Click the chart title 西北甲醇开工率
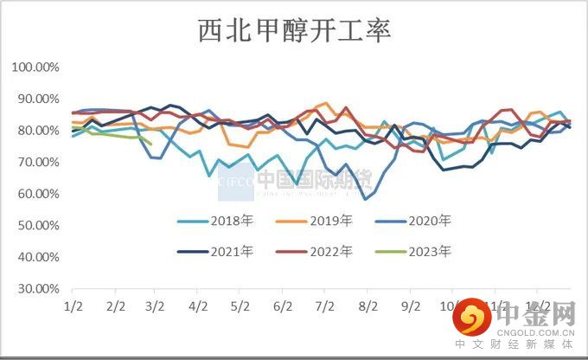point(295,32)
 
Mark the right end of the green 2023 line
point(151,144)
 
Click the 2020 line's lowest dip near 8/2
point(366,199)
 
